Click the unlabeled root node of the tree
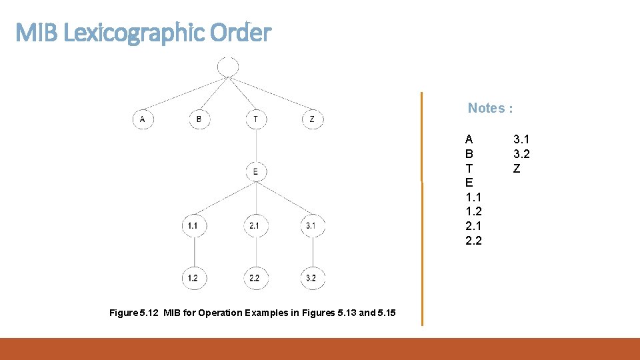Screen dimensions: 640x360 tap(228, 66)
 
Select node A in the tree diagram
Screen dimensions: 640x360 tap(143, 119)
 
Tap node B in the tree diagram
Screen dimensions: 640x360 tap(199, 119)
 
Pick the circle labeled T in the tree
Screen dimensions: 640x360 tap(256, 119)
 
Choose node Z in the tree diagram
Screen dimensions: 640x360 tap(313, 119)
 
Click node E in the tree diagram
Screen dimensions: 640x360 tap(256, 172)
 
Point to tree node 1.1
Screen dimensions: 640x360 tap(193, 226)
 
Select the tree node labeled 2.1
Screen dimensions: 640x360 tap(255, 226)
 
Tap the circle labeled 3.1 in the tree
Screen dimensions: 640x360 tap(311, 226)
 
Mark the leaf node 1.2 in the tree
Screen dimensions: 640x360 tap(193, 278)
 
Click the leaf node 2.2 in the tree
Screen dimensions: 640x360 tap(255, 278)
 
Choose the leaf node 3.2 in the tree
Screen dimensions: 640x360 tap(311, 278)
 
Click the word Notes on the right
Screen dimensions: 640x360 tap(486, 108)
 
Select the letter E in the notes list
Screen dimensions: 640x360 tap(469, 183)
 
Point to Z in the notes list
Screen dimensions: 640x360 tap(516, 169)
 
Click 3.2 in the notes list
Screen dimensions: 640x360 tap(521, 154)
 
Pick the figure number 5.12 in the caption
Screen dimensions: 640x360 tap(149, 313)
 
